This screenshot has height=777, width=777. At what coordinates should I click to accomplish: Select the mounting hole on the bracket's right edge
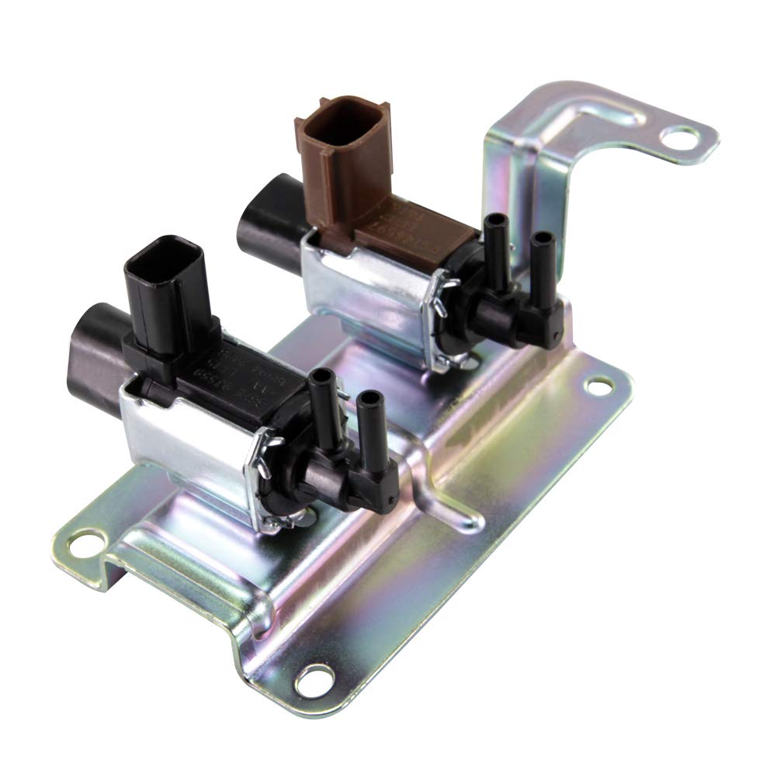(x=598, y=385)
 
